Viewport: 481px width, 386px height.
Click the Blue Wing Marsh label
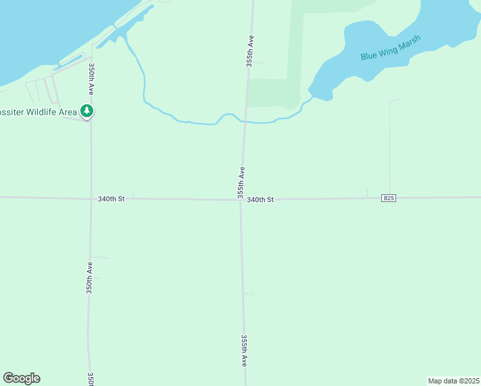390,48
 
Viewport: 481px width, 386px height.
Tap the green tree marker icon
87,111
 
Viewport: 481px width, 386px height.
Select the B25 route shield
388,198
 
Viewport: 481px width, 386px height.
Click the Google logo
21,378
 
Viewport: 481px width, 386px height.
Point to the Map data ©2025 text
453,381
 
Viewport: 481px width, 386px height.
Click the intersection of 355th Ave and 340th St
241,199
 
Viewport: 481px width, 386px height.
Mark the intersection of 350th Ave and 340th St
91,199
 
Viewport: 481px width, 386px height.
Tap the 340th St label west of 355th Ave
111,199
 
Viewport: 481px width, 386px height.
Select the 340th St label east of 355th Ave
260,200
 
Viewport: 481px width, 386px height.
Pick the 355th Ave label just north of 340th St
241,182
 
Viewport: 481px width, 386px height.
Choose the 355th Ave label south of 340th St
244,350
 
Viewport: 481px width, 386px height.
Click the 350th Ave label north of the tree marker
93,79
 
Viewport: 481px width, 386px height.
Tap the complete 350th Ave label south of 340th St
90,277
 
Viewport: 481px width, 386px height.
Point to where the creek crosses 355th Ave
244,122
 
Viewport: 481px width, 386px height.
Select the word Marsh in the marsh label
408,43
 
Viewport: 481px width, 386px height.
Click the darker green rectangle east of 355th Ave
274,93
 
